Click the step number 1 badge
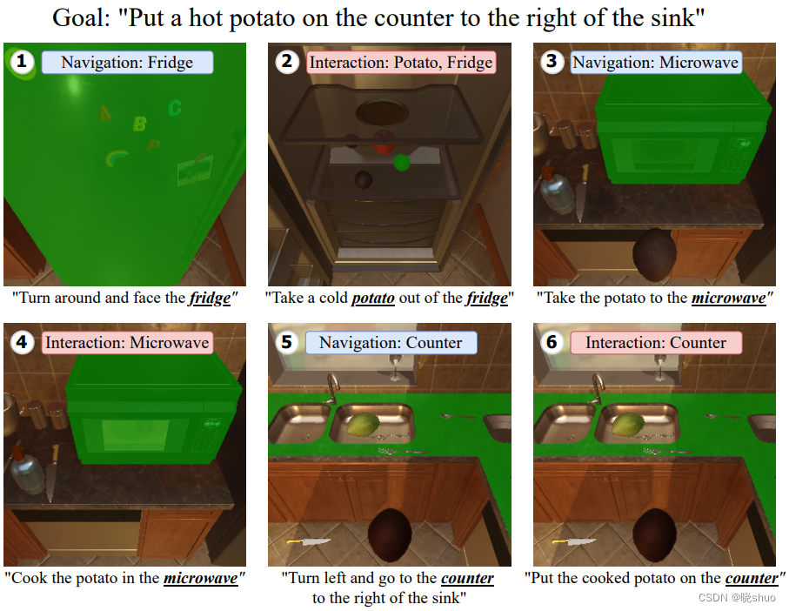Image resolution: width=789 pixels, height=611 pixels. (22, 62)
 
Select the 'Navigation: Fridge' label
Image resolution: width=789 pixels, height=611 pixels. (127, 63)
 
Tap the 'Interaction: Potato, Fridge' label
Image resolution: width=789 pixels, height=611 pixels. (401, 63)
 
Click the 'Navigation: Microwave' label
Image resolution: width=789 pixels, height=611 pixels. (656, 63)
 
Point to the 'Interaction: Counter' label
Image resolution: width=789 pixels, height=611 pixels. (656, 343)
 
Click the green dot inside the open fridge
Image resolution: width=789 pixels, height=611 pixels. (402, 162)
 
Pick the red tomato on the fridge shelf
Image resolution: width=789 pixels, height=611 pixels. (384, 141)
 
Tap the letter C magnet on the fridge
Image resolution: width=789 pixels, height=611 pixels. (175, 108)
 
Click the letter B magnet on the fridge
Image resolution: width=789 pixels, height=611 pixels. (140, 124)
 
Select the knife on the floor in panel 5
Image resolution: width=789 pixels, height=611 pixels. (309, 542)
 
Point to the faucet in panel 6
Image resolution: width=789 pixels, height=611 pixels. (598, 388)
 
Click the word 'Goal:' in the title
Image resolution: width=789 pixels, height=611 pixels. (81, 18)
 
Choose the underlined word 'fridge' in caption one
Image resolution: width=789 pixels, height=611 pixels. (210, 298)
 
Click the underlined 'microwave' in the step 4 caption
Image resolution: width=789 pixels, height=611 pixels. (200, 578)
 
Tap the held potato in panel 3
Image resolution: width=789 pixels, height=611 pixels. (653, 255)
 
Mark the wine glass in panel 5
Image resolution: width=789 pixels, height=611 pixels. (396, 367)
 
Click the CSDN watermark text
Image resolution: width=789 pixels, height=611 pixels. (737, 597)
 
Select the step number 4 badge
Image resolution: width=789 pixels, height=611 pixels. (22, 342)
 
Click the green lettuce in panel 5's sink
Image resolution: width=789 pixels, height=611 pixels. (363, 425)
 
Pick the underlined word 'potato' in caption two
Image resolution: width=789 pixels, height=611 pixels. (373, 298)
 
